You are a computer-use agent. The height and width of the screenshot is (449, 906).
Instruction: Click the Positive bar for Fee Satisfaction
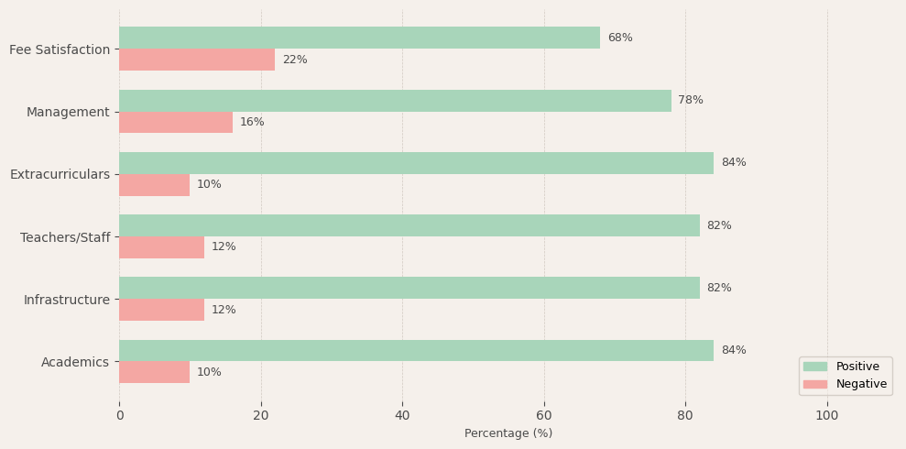pos(359,38)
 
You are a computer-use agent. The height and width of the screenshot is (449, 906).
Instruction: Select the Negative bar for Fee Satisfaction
pos(197,60)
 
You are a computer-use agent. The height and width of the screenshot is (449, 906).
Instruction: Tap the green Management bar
pos(395,101)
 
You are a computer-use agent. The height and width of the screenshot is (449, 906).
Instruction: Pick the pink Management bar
pos(176,123)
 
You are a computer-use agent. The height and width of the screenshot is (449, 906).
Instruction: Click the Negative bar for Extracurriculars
pos(154,185)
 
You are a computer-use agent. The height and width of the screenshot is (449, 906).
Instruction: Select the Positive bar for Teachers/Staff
pos(409,225)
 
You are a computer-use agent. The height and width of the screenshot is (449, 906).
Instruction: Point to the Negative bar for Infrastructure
pos(161,310)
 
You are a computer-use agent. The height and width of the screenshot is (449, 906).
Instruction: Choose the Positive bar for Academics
pos(416,350)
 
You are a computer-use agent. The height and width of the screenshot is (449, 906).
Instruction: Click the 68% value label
pos(620,38)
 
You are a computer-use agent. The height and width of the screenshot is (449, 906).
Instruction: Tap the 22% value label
pos(295,60)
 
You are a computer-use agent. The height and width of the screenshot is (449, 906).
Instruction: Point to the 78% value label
pos(691,101)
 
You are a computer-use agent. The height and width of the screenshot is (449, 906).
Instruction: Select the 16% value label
pos(252,123)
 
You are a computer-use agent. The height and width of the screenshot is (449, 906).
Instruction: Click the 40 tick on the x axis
pos(402,416)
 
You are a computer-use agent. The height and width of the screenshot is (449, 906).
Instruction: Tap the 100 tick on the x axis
pos(827,416)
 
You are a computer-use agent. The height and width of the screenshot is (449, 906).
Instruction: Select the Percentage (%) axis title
pos(508,433)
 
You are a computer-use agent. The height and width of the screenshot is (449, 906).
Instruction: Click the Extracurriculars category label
pos(60,174)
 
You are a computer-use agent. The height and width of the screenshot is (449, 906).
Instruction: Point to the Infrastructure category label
pos(66,300)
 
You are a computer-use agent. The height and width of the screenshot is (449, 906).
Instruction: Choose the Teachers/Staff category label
pos(64,237)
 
